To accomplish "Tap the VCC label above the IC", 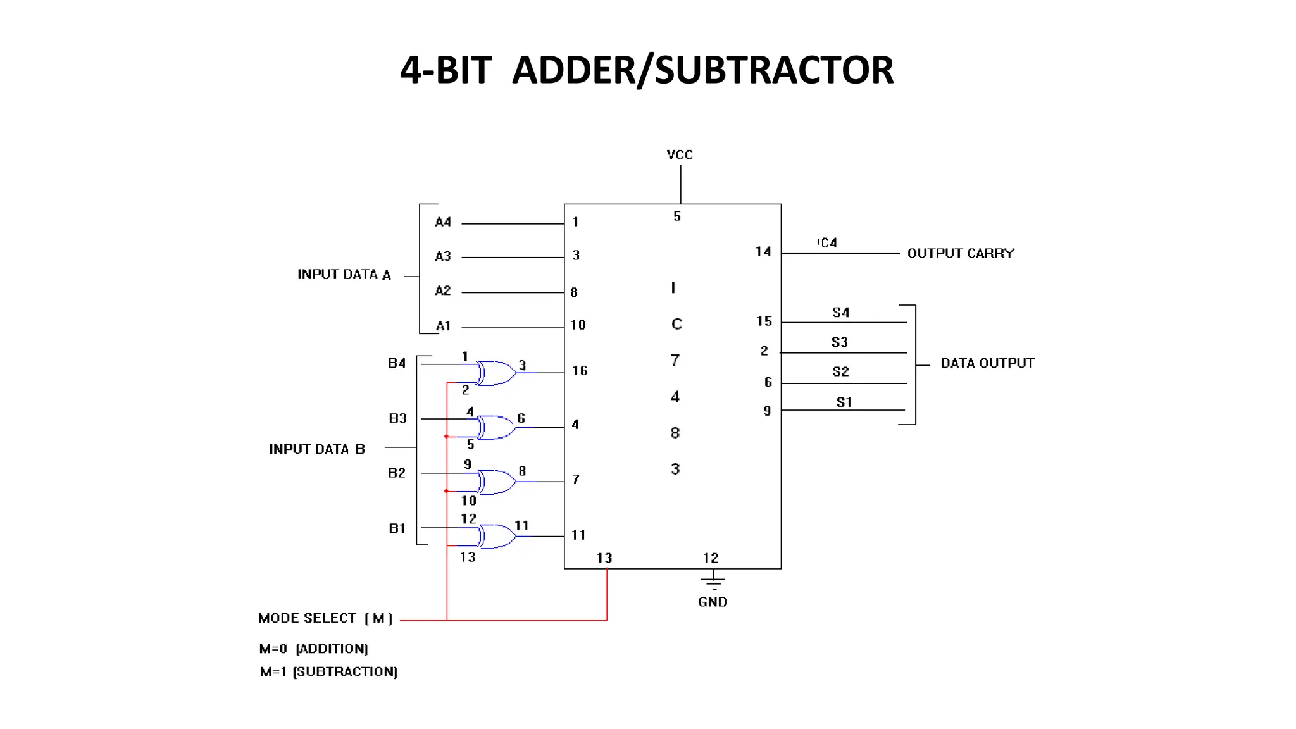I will coord(680,155).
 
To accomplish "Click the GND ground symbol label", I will coord(713,602).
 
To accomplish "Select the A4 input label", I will coord(443,222).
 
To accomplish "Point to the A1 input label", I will coord(444,326).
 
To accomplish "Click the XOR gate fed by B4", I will coord(496,373).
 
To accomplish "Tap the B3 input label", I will coord(397,418).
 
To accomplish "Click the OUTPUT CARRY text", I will coord(961,253).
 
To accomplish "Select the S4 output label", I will coord(840,313).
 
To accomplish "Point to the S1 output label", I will coord(844,402).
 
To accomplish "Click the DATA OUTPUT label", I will coord(987,363).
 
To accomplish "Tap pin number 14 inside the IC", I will coord(763,252).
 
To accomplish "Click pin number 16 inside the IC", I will coord(580,371).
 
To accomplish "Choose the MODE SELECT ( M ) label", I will coord(325,618).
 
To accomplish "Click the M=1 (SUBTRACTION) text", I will coord(328,672).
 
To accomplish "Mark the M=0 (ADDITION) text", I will coord(313,649).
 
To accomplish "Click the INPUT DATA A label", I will coord(344,275).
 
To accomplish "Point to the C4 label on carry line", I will coord(828,243).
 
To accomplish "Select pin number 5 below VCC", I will coord(677,216).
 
